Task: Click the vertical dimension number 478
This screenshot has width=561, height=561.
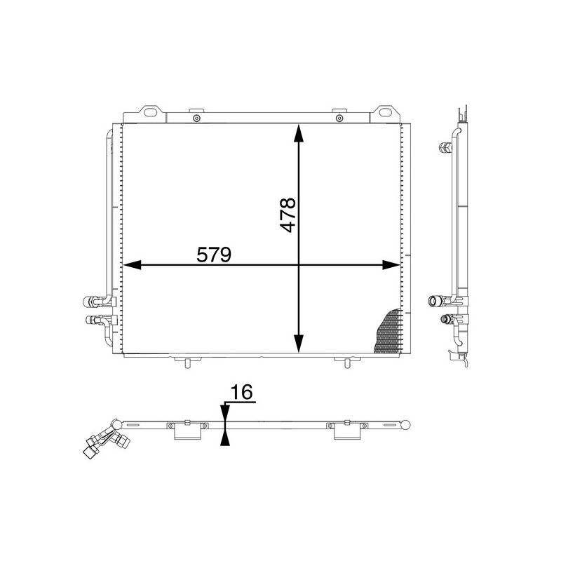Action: (x=288, y=215)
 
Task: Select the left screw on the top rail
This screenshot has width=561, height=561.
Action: (x=196, y=118)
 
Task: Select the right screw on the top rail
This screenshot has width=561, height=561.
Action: (x=339, y=118)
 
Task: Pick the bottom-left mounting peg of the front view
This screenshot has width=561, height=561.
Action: (x=187, y=362)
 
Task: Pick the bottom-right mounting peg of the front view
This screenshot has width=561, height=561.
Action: (x=346, y=362)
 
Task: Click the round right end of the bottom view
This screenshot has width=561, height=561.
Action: (x=407, y=424)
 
